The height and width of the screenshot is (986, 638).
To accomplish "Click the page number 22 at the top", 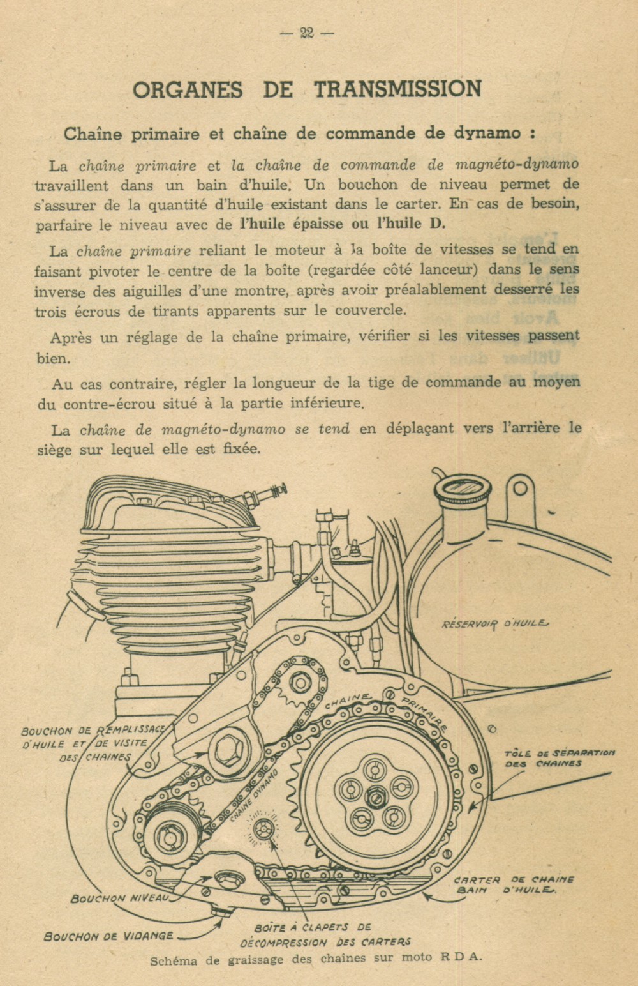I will [x=306, y=33].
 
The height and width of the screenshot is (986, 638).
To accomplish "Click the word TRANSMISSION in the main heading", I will [x=397, y=89].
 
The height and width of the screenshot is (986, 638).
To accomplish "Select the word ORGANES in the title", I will [x=188, y=89].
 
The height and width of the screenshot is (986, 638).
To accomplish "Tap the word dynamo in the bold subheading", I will [x=487, y=133].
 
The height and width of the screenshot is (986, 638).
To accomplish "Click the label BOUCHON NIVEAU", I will [x=120, y=899].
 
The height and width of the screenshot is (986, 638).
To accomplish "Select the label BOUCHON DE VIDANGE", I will [x=108, y=936].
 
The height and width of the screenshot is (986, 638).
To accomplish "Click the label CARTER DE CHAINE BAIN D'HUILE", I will [x=514, y=884].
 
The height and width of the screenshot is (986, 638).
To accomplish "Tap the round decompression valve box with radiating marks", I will [x=263, y=829].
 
